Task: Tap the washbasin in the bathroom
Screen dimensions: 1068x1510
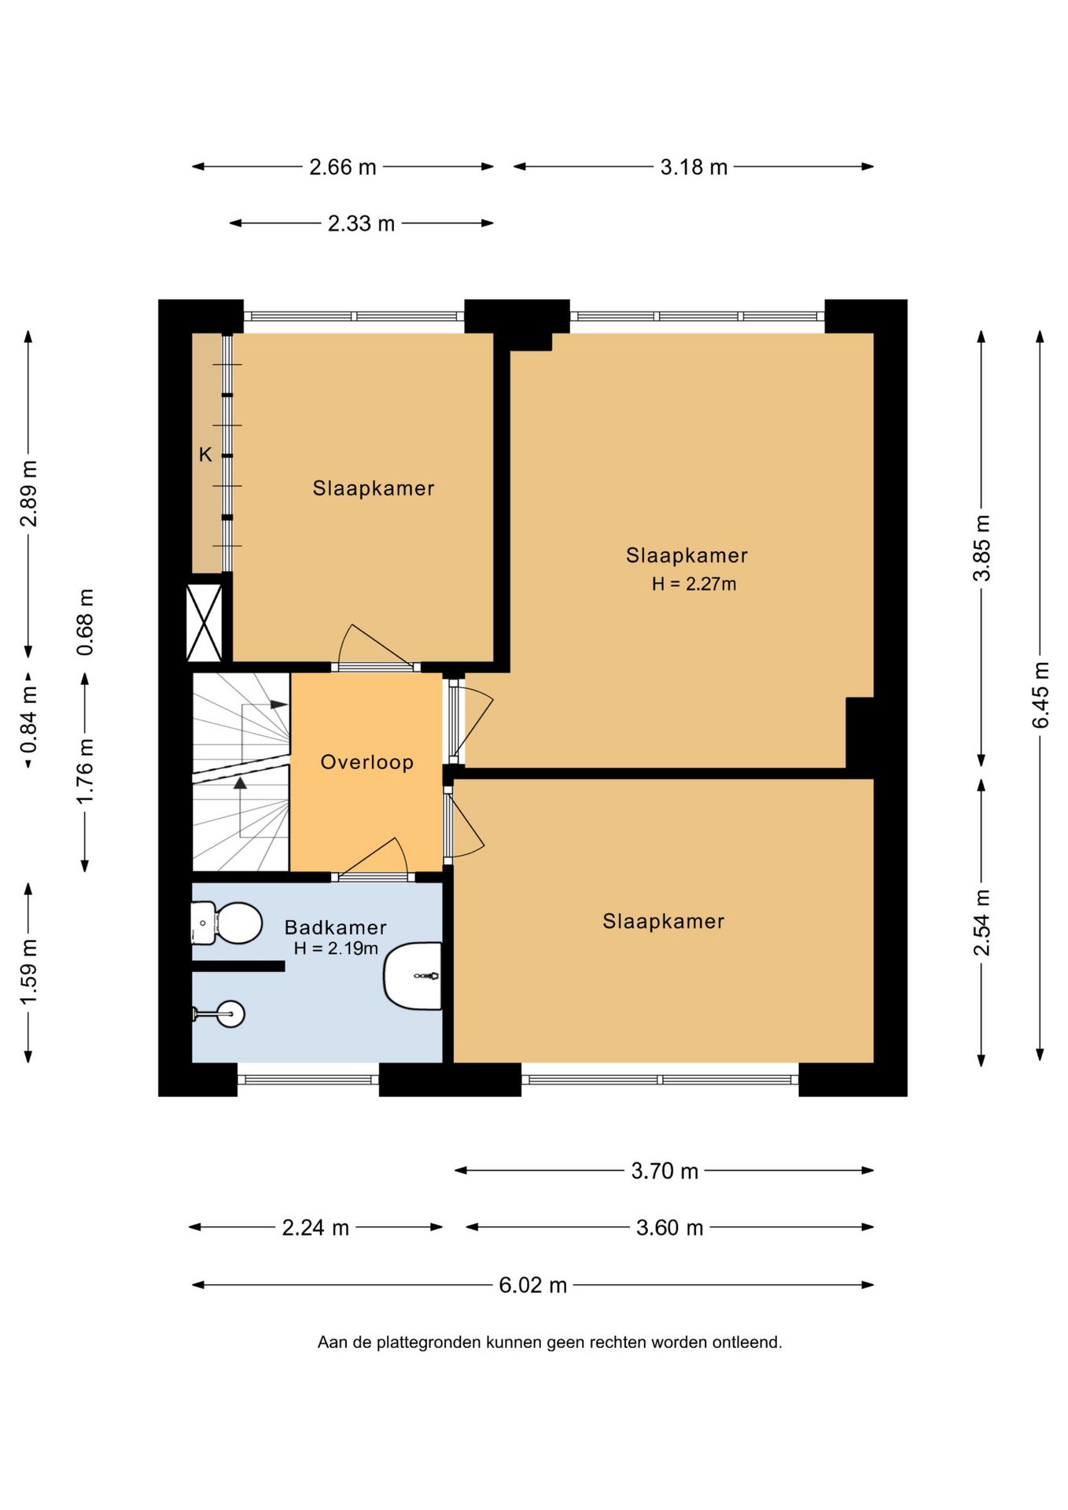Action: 412,975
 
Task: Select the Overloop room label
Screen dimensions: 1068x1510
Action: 366,762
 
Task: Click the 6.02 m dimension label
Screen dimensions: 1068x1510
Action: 532,1285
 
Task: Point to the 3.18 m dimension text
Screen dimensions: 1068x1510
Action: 694,167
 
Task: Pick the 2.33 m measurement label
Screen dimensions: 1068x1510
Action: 361,223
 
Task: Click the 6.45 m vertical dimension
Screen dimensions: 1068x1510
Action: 1040,695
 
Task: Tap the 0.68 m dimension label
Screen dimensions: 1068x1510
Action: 85,622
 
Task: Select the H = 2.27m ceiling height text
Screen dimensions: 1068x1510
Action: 694,584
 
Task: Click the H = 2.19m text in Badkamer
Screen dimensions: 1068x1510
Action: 336,948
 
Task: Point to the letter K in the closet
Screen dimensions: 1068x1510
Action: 205,455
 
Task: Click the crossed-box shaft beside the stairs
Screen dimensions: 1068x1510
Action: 204,622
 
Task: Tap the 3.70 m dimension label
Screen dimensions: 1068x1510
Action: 665,1171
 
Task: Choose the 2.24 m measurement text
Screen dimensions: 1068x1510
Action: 315,1228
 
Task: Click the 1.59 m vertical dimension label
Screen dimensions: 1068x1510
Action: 28,971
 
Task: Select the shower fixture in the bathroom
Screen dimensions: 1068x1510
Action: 219,1015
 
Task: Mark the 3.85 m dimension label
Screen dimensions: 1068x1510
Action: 982,548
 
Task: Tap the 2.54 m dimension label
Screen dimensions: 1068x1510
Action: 982,923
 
